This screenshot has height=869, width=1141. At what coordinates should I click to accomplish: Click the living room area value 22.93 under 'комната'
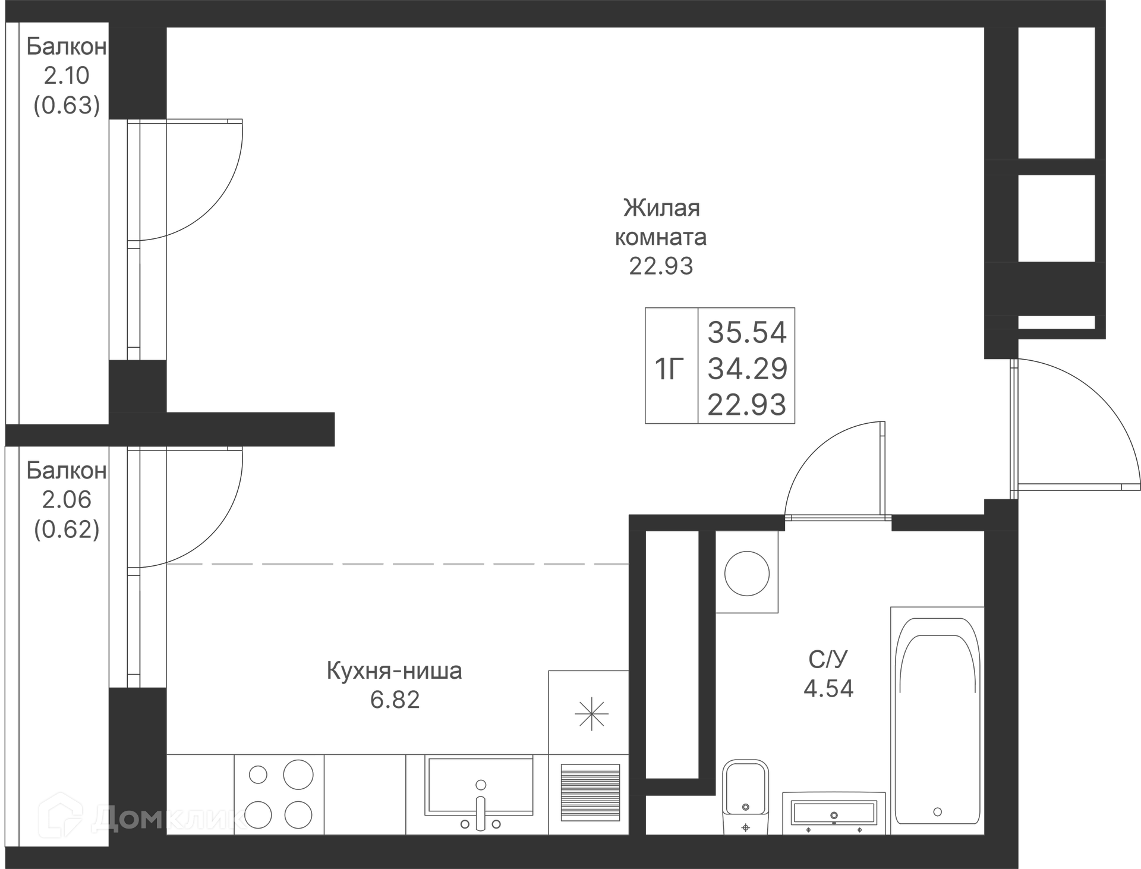point(661,266)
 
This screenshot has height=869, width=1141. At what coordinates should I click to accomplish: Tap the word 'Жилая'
point(661,208)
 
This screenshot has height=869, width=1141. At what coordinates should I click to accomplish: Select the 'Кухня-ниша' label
point(395,671)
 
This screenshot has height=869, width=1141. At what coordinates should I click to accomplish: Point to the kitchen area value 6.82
point(395,700)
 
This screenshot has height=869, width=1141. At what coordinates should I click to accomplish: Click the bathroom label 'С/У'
point(828,659)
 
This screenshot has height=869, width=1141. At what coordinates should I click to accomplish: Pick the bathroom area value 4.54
point(828,688)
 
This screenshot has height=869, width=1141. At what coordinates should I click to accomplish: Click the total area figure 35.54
point(747,332)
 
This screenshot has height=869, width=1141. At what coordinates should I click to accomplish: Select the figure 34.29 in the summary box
point(747,369)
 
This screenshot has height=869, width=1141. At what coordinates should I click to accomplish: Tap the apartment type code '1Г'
point(669,369)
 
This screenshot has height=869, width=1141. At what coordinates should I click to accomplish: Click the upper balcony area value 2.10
point(67,75)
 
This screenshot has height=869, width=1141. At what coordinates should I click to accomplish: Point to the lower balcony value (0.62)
point(67,528)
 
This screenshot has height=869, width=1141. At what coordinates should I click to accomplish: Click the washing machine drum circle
point(747,574)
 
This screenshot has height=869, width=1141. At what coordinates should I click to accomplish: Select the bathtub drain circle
point(937,812)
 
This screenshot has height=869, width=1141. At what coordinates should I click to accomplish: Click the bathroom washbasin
point(834,813)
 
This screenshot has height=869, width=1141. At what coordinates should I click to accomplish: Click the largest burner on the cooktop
point(298,774)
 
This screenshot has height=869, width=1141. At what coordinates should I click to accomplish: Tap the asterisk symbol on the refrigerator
point(592,714)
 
